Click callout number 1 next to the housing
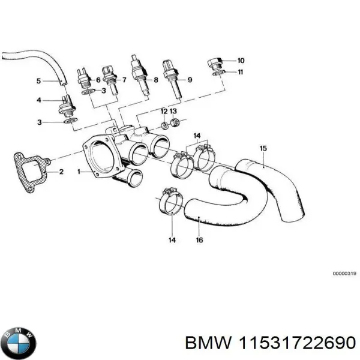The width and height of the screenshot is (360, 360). pos(79,172)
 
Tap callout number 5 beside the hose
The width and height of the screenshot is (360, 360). pos(38,80)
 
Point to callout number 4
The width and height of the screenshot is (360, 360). pos(38,100)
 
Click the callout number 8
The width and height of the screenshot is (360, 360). pos(155,80)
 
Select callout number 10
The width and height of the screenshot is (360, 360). pos(241,60)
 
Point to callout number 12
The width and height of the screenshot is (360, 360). pos(164,112)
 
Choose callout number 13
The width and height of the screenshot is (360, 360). pos(173,112)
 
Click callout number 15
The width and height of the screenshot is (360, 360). pos(262,148)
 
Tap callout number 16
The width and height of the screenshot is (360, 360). pos(199,240)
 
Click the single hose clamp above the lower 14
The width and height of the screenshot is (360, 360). pos(170,203)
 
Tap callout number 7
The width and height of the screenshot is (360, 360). pos(124,80)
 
